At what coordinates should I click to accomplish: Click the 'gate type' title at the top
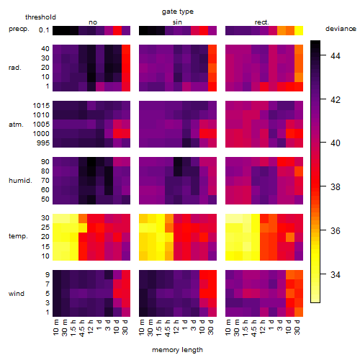click(178, 12)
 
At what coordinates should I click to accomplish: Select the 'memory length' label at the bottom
click(177, 350)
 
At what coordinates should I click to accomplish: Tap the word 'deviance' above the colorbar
click(341, 29)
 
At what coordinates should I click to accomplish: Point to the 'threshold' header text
click(40, 17)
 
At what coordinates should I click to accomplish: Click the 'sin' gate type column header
click(177, 22)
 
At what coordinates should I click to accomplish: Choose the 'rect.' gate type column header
click(261, 22)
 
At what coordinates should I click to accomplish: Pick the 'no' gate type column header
click(93, 22)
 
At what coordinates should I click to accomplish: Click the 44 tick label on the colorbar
click(336, 56)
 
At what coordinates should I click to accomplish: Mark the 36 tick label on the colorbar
click(336, 230)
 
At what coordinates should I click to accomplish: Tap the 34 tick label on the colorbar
click(336, 274)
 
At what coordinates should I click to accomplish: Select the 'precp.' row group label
click(19, 29)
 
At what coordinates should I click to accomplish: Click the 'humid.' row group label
click(20, 180)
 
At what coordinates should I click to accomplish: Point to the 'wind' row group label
click(17, 294)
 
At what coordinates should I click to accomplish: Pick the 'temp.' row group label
click(18, 236)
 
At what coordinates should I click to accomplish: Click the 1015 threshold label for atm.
click(41, 106)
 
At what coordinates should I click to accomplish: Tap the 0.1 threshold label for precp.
click(44, 30)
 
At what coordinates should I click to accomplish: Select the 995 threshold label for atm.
click(43, 143)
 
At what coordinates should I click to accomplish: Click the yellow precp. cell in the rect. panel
click(299, 30)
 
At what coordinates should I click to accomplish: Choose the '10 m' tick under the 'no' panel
click(56, 328)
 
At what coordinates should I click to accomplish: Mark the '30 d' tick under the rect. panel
click(297, 327)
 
